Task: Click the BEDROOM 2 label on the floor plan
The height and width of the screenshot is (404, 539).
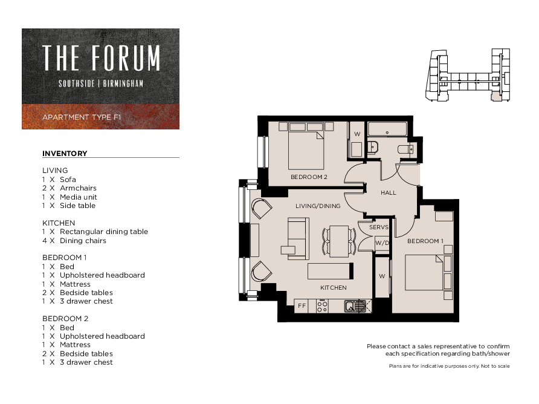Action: coord(309,177)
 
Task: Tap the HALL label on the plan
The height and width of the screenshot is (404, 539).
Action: coord(389,193)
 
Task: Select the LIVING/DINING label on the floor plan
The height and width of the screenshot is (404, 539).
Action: coord(318,206)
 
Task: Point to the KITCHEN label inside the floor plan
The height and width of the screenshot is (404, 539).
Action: coord(334,288)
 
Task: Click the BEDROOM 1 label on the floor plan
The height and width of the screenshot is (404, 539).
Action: coord(425,241)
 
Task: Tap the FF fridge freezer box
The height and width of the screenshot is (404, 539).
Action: coord(302,305)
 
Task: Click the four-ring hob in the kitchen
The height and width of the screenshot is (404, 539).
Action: coord(322,306)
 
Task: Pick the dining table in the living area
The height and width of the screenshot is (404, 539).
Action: coord(339,241)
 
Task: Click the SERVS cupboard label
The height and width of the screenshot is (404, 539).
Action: coord(379,227)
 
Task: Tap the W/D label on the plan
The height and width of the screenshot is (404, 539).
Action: coord(382,243)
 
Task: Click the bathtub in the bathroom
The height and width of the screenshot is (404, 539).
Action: coord(387,129)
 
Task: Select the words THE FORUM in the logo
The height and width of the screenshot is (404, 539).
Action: coord(101,58)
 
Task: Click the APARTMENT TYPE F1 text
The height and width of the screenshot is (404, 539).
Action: coord(82,117)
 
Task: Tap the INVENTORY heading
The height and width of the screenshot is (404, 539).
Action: coord(65,154)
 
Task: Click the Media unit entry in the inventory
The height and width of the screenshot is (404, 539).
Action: coord(69,197)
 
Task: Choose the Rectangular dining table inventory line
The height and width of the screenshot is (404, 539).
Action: coord(95,232)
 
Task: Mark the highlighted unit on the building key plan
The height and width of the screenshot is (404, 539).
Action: coord(495,96)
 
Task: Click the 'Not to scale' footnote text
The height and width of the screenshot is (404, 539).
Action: coord(495,366)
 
